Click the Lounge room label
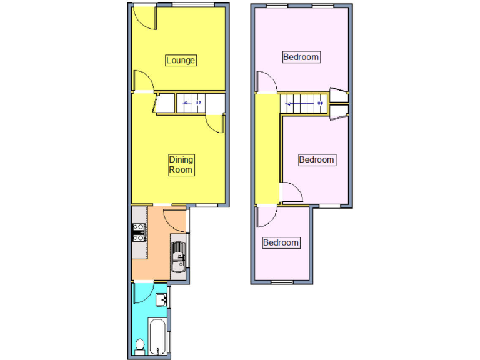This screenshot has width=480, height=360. tap(181, 60)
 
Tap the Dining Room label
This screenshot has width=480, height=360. tap(181, 165)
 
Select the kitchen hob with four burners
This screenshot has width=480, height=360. tap(139, 232)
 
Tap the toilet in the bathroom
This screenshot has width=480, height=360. tap(140, 344)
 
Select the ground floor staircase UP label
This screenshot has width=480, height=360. tap(199, 103)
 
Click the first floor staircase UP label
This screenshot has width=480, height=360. tap(320, 103)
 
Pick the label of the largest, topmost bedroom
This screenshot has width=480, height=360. tap(301, 57)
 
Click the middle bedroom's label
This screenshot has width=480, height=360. tap(316, 159)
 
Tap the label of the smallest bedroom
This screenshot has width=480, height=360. tap(281, 242)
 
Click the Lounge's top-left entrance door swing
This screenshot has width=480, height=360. tap(145, 17)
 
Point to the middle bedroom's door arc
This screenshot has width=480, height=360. tap(292, 191)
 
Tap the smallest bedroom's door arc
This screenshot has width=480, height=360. tap(265, 216)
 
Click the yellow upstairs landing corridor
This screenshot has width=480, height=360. tap(267, 150)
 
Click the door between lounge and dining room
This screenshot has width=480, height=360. tap(143, 82)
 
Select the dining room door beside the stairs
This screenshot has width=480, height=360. tap(214, 123)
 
